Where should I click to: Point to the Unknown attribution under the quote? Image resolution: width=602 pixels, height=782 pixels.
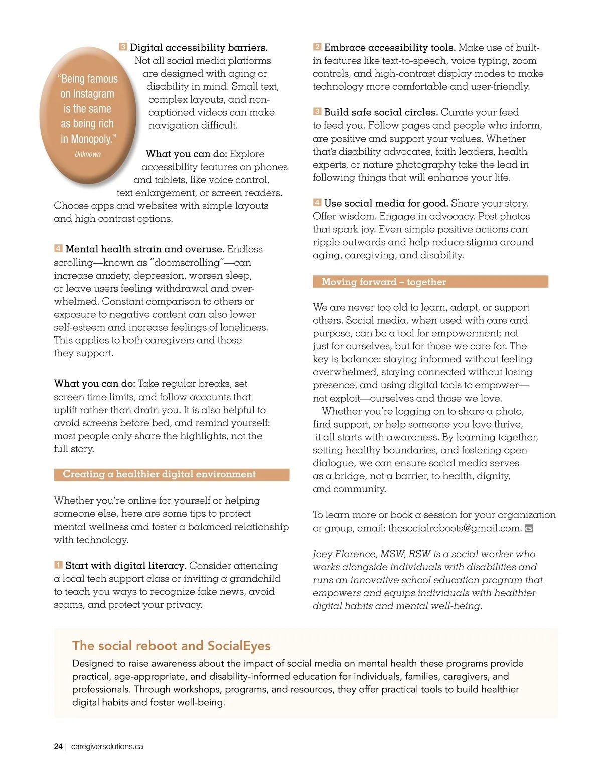[88, 154]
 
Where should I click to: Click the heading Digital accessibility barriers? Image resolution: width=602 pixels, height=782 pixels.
[199, 48]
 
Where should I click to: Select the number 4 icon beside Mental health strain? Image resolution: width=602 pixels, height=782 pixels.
[58, 248]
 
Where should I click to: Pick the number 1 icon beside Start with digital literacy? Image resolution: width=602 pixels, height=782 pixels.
[58, 565]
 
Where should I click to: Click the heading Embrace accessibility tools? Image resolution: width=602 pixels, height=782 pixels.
[389, 48]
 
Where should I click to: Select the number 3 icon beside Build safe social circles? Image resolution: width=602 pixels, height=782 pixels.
[317, 112]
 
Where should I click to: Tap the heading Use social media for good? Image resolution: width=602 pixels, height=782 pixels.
[386, 203]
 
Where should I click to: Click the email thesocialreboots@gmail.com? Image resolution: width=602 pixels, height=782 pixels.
[455, 528]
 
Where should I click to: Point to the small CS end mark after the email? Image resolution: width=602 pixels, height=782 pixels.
[529, 529]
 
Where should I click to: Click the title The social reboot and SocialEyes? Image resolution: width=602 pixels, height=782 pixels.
[171, 646]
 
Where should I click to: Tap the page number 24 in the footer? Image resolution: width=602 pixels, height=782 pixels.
[58, 747]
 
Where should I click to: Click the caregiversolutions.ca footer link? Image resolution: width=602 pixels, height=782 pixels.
[107, 747]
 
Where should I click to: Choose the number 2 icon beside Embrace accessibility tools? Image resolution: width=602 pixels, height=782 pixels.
[317, 47]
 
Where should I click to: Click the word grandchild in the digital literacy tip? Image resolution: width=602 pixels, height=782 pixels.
[255, 579]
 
